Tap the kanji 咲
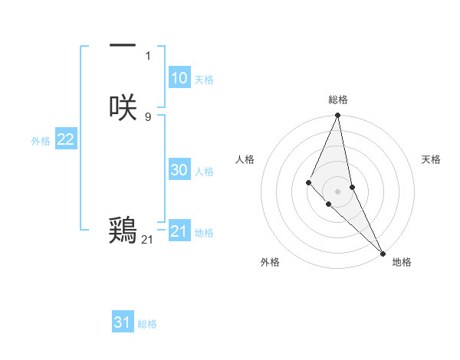click(x=123, y=106)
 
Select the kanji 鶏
click(x=123, y=229)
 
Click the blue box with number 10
click(x=179, y=78)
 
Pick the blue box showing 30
click(x=179, y=171)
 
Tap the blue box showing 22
click(x=65, y=139)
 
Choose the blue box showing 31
click(x=123, y=322)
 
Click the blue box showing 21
click(x=179, y=231)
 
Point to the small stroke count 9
click(x=148, y=116)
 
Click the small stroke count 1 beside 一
click(x=148, y=55)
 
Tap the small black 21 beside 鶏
click(x=147, y=240)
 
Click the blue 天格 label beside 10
click(x=204, y=80)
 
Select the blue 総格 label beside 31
click(x=147, y=324)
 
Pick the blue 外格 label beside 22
click(x=41, y=141)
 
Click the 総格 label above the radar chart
click(x=338, y=100)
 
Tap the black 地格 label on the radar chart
click(x=402, y=262)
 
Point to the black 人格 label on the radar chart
click(x=245, y=159)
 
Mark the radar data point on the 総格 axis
click(x=337, y=116)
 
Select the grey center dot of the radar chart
click(x=337, y=191)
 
